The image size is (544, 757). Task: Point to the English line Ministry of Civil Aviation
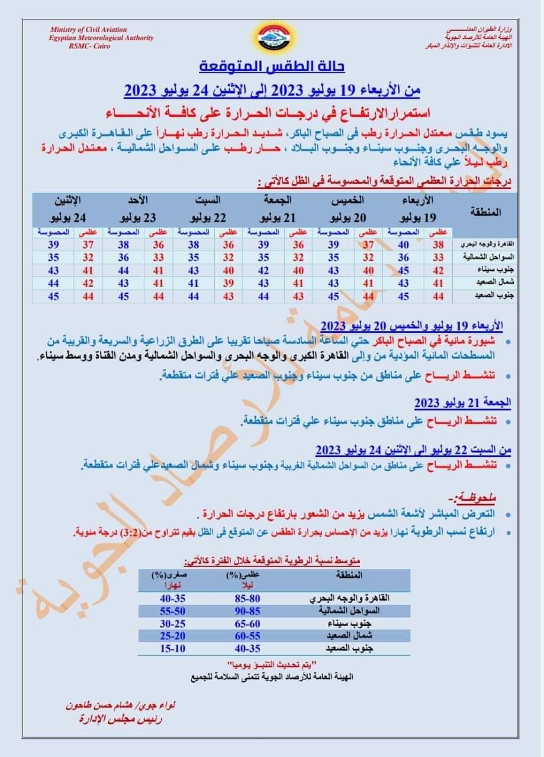pos(88,30)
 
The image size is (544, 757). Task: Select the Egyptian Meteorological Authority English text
pos(101,37)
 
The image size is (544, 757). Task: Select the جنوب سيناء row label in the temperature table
pos(485,270)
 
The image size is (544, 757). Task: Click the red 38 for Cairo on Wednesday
pos(438,244)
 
